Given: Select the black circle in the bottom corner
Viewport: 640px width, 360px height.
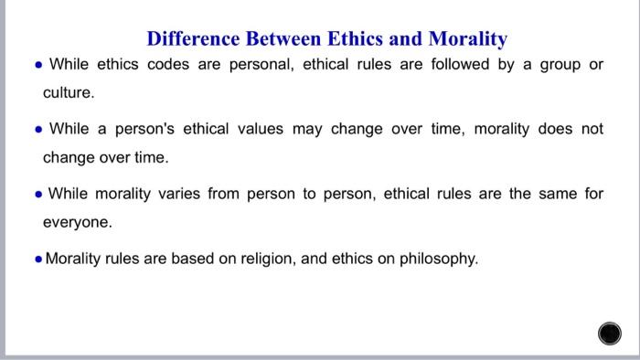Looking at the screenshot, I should point(610,334).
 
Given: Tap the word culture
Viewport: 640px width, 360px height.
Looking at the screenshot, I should point(69,93).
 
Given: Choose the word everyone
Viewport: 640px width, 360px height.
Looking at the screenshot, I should point(78,222).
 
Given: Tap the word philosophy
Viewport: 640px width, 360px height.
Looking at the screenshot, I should point(439,259).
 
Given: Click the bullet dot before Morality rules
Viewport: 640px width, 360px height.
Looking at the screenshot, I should point(36,259).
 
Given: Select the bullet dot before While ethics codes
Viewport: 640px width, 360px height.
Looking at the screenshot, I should point(36,65).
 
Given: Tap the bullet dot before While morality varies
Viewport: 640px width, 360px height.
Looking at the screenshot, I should point(36,194).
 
